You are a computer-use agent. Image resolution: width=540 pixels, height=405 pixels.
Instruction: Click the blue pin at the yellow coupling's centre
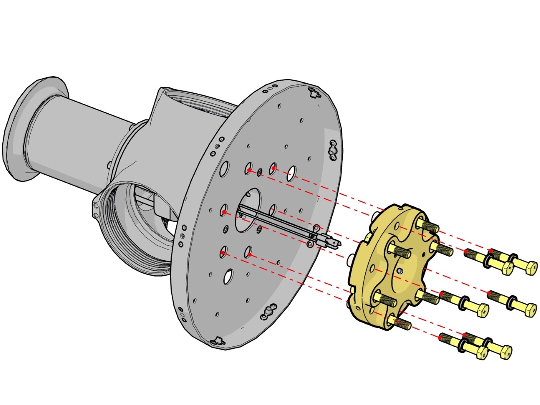pos(399,271)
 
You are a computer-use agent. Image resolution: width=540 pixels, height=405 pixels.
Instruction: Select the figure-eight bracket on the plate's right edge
pos(333,150)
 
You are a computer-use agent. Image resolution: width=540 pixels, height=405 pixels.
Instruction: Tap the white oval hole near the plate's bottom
pos(228,276)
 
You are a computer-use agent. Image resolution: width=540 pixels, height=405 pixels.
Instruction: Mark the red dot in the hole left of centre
pos(224,212)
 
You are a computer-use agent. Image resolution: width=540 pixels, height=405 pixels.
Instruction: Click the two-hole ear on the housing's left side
pos(96,210)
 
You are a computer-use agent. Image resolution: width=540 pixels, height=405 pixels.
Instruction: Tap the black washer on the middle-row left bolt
pos(463,302)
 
